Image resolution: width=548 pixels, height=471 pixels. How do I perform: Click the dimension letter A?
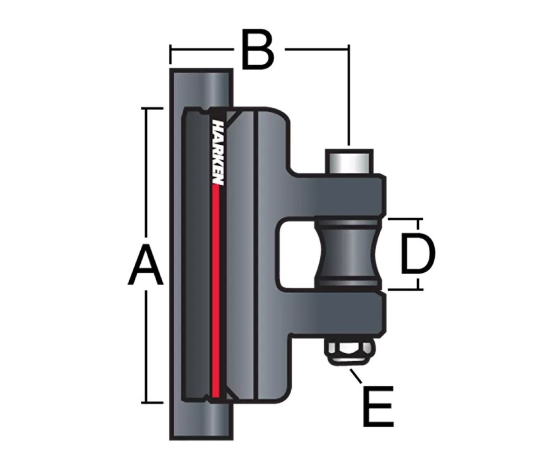145,265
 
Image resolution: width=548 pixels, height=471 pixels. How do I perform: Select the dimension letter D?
417,254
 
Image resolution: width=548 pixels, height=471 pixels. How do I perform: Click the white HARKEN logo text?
217,153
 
